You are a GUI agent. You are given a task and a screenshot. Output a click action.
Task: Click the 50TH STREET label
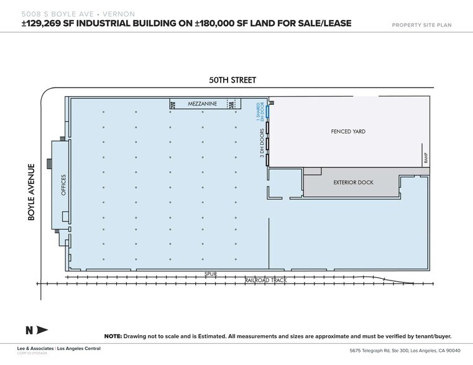coord(232,80)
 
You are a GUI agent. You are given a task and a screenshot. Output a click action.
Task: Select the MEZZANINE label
coord(202,104)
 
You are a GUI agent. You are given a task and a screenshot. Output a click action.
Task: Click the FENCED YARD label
coord(347,132)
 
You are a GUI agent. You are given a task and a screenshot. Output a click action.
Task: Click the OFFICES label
coord(63,185)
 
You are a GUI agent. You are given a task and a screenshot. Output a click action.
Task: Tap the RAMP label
coord(425,159)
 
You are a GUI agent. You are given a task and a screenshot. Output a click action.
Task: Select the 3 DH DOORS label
coord(262,145)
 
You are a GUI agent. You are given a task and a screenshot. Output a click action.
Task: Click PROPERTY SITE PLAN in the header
coord(421,25)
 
